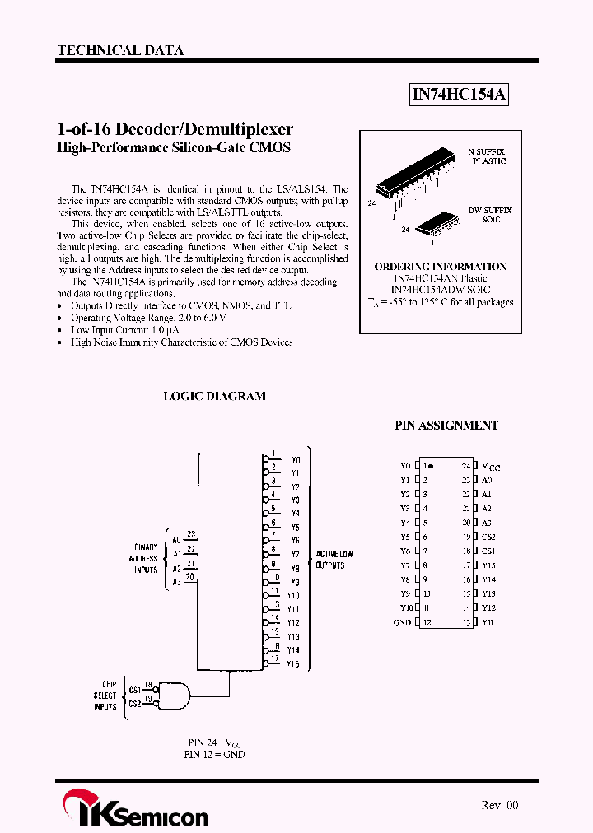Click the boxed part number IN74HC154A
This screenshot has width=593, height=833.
point(460,95)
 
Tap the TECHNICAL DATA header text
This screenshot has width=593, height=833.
point(120,50)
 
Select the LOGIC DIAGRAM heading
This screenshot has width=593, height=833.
point(214,396)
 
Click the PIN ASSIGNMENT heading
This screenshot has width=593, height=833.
point(446,426)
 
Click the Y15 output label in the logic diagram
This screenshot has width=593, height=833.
point(293,663)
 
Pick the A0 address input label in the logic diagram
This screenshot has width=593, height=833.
point(176,540)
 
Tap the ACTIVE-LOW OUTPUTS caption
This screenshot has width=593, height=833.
point(334,560)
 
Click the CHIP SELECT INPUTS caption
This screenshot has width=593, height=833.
point(105,696)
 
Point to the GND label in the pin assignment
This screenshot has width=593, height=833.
point(402,622)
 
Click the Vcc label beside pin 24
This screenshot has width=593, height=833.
point(491,466)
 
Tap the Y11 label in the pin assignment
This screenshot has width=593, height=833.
point(488,622)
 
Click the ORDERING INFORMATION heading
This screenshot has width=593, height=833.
point(441,267)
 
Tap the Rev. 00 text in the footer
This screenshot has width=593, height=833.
point(500,805)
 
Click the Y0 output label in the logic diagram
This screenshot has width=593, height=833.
point(296,460)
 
